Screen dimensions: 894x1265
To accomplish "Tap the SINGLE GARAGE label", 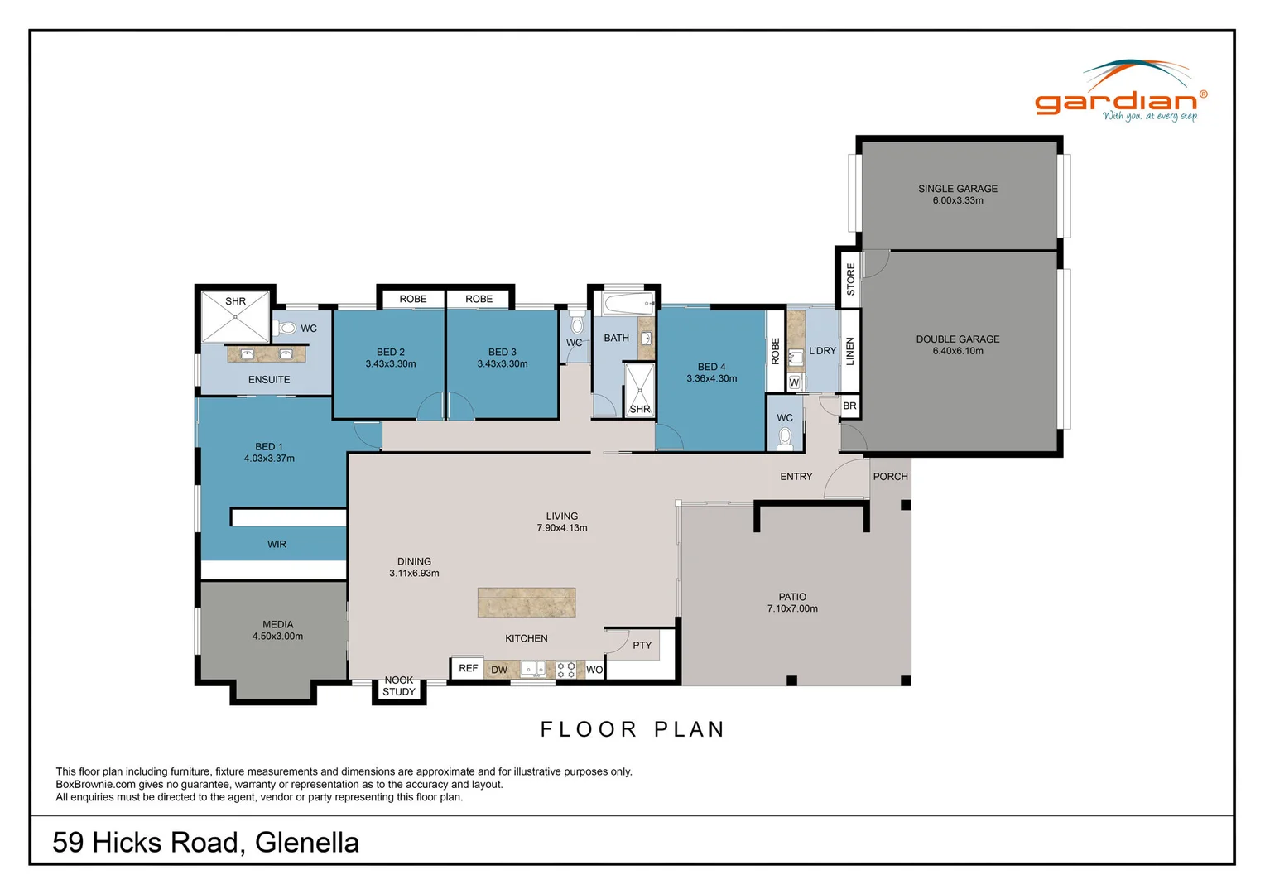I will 957,189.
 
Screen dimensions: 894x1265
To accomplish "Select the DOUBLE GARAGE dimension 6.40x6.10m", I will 957,351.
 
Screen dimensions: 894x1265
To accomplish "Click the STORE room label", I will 850,279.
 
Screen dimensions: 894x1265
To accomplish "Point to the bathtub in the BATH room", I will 628,303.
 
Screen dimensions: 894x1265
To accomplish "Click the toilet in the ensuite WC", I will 286,328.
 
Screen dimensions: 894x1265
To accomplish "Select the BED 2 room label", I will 391,352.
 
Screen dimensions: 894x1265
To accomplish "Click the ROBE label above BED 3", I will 479,299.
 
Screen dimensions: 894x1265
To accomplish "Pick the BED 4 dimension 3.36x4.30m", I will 711,378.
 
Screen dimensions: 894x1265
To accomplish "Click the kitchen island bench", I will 526,602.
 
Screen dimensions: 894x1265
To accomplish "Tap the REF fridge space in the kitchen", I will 468,668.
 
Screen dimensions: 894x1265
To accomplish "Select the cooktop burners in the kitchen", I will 565,670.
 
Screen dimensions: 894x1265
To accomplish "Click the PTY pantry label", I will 642,645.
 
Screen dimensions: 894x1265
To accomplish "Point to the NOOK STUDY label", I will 399,686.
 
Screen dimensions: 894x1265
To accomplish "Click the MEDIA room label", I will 277,624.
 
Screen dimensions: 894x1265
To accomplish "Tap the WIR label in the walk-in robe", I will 277,544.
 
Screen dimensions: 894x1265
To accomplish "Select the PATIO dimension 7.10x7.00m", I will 791,608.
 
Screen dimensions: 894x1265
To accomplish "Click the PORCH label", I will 890,476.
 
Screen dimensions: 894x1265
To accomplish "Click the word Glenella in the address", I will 306,842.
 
